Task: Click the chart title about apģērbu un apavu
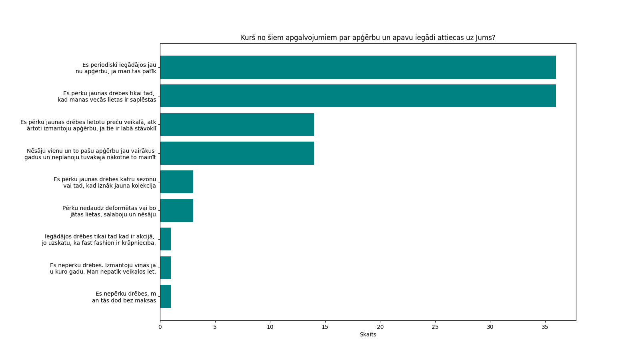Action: point(368,38)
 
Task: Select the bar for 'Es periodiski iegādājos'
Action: point(358,67)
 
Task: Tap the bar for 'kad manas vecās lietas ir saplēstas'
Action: point(358,96)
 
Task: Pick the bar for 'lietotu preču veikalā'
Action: point(237,124)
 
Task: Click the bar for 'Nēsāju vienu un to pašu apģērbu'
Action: point(237,153)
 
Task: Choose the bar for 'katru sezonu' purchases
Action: point(176,182)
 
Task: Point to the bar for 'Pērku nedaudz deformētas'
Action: point(176,210)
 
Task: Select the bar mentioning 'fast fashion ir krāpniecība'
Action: point(166,239)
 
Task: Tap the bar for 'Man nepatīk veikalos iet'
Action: point(166,268)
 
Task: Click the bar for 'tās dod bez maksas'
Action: point(166,296)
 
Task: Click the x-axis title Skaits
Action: point(368,334)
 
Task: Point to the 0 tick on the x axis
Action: point(160,327)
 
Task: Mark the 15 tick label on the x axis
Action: point(325,327)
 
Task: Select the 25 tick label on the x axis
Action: point(435,327)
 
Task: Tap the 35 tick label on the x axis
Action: point(545,327)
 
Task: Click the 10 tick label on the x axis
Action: point(270,327)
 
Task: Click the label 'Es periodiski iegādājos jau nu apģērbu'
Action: point(116,68)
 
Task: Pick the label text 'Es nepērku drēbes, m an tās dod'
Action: point(124,297)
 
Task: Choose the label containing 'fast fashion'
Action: point(99,240)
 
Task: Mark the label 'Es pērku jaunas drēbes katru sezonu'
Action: point(105,182)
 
